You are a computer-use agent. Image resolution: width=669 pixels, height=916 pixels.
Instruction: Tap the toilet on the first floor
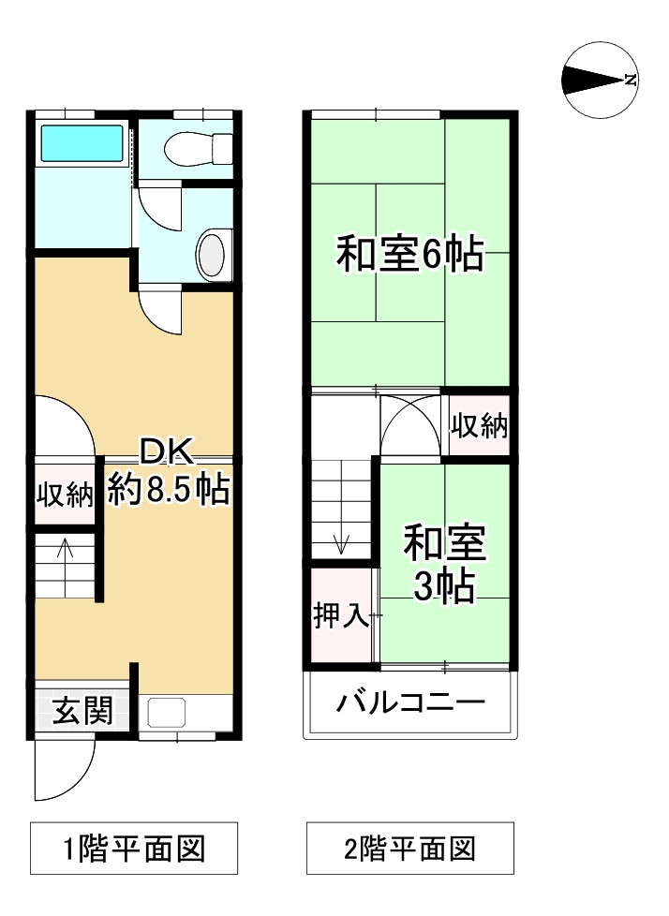(195, 148)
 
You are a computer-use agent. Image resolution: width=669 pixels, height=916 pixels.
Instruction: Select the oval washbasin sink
(213, 253)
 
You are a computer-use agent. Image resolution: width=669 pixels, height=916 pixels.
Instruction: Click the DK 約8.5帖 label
(169, 472)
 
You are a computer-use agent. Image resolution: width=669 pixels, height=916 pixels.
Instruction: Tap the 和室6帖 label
(409, 254)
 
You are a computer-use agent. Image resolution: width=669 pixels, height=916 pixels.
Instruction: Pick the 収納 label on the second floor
(480, 426)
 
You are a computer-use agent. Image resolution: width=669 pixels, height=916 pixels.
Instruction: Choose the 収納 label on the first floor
(65, 494)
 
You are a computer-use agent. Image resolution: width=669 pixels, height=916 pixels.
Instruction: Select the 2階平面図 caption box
(409, 849)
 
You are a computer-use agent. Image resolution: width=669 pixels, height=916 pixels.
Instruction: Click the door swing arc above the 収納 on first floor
(64, 426)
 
